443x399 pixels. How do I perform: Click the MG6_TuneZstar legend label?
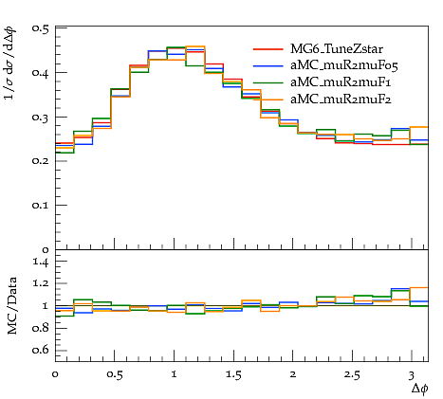[337, 49]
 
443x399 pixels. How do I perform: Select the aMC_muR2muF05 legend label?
[344, 65]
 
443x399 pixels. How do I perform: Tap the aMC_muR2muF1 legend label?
[341, 82]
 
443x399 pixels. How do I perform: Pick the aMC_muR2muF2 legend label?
[341, 100]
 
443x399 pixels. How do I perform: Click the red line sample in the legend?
[268, 49]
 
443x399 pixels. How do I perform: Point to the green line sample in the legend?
[268, 82]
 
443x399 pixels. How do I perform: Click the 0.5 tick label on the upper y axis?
[41, 28]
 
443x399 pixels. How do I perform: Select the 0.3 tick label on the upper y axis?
[41, 117]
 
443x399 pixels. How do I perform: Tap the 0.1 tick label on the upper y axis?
[41, 205]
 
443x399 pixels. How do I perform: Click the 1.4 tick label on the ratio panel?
[41, 262]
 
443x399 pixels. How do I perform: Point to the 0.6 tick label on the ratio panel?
[41, 350]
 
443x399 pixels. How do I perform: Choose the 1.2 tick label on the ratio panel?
[41, 283]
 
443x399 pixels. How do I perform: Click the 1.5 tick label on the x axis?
[233, 374]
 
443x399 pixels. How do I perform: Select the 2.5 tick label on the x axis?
[352, 374]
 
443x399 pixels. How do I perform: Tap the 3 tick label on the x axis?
[411, 375]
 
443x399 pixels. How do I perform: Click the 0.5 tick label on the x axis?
[115, 374]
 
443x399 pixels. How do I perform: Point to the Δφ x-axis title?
[420, 389]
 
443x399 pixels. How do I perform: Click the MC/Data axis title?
[12, 305]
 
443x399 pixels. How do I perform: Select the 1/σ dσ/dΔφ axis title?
[10, 63]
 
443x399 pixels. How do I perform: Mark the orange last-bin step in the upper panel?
[419, 127]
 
